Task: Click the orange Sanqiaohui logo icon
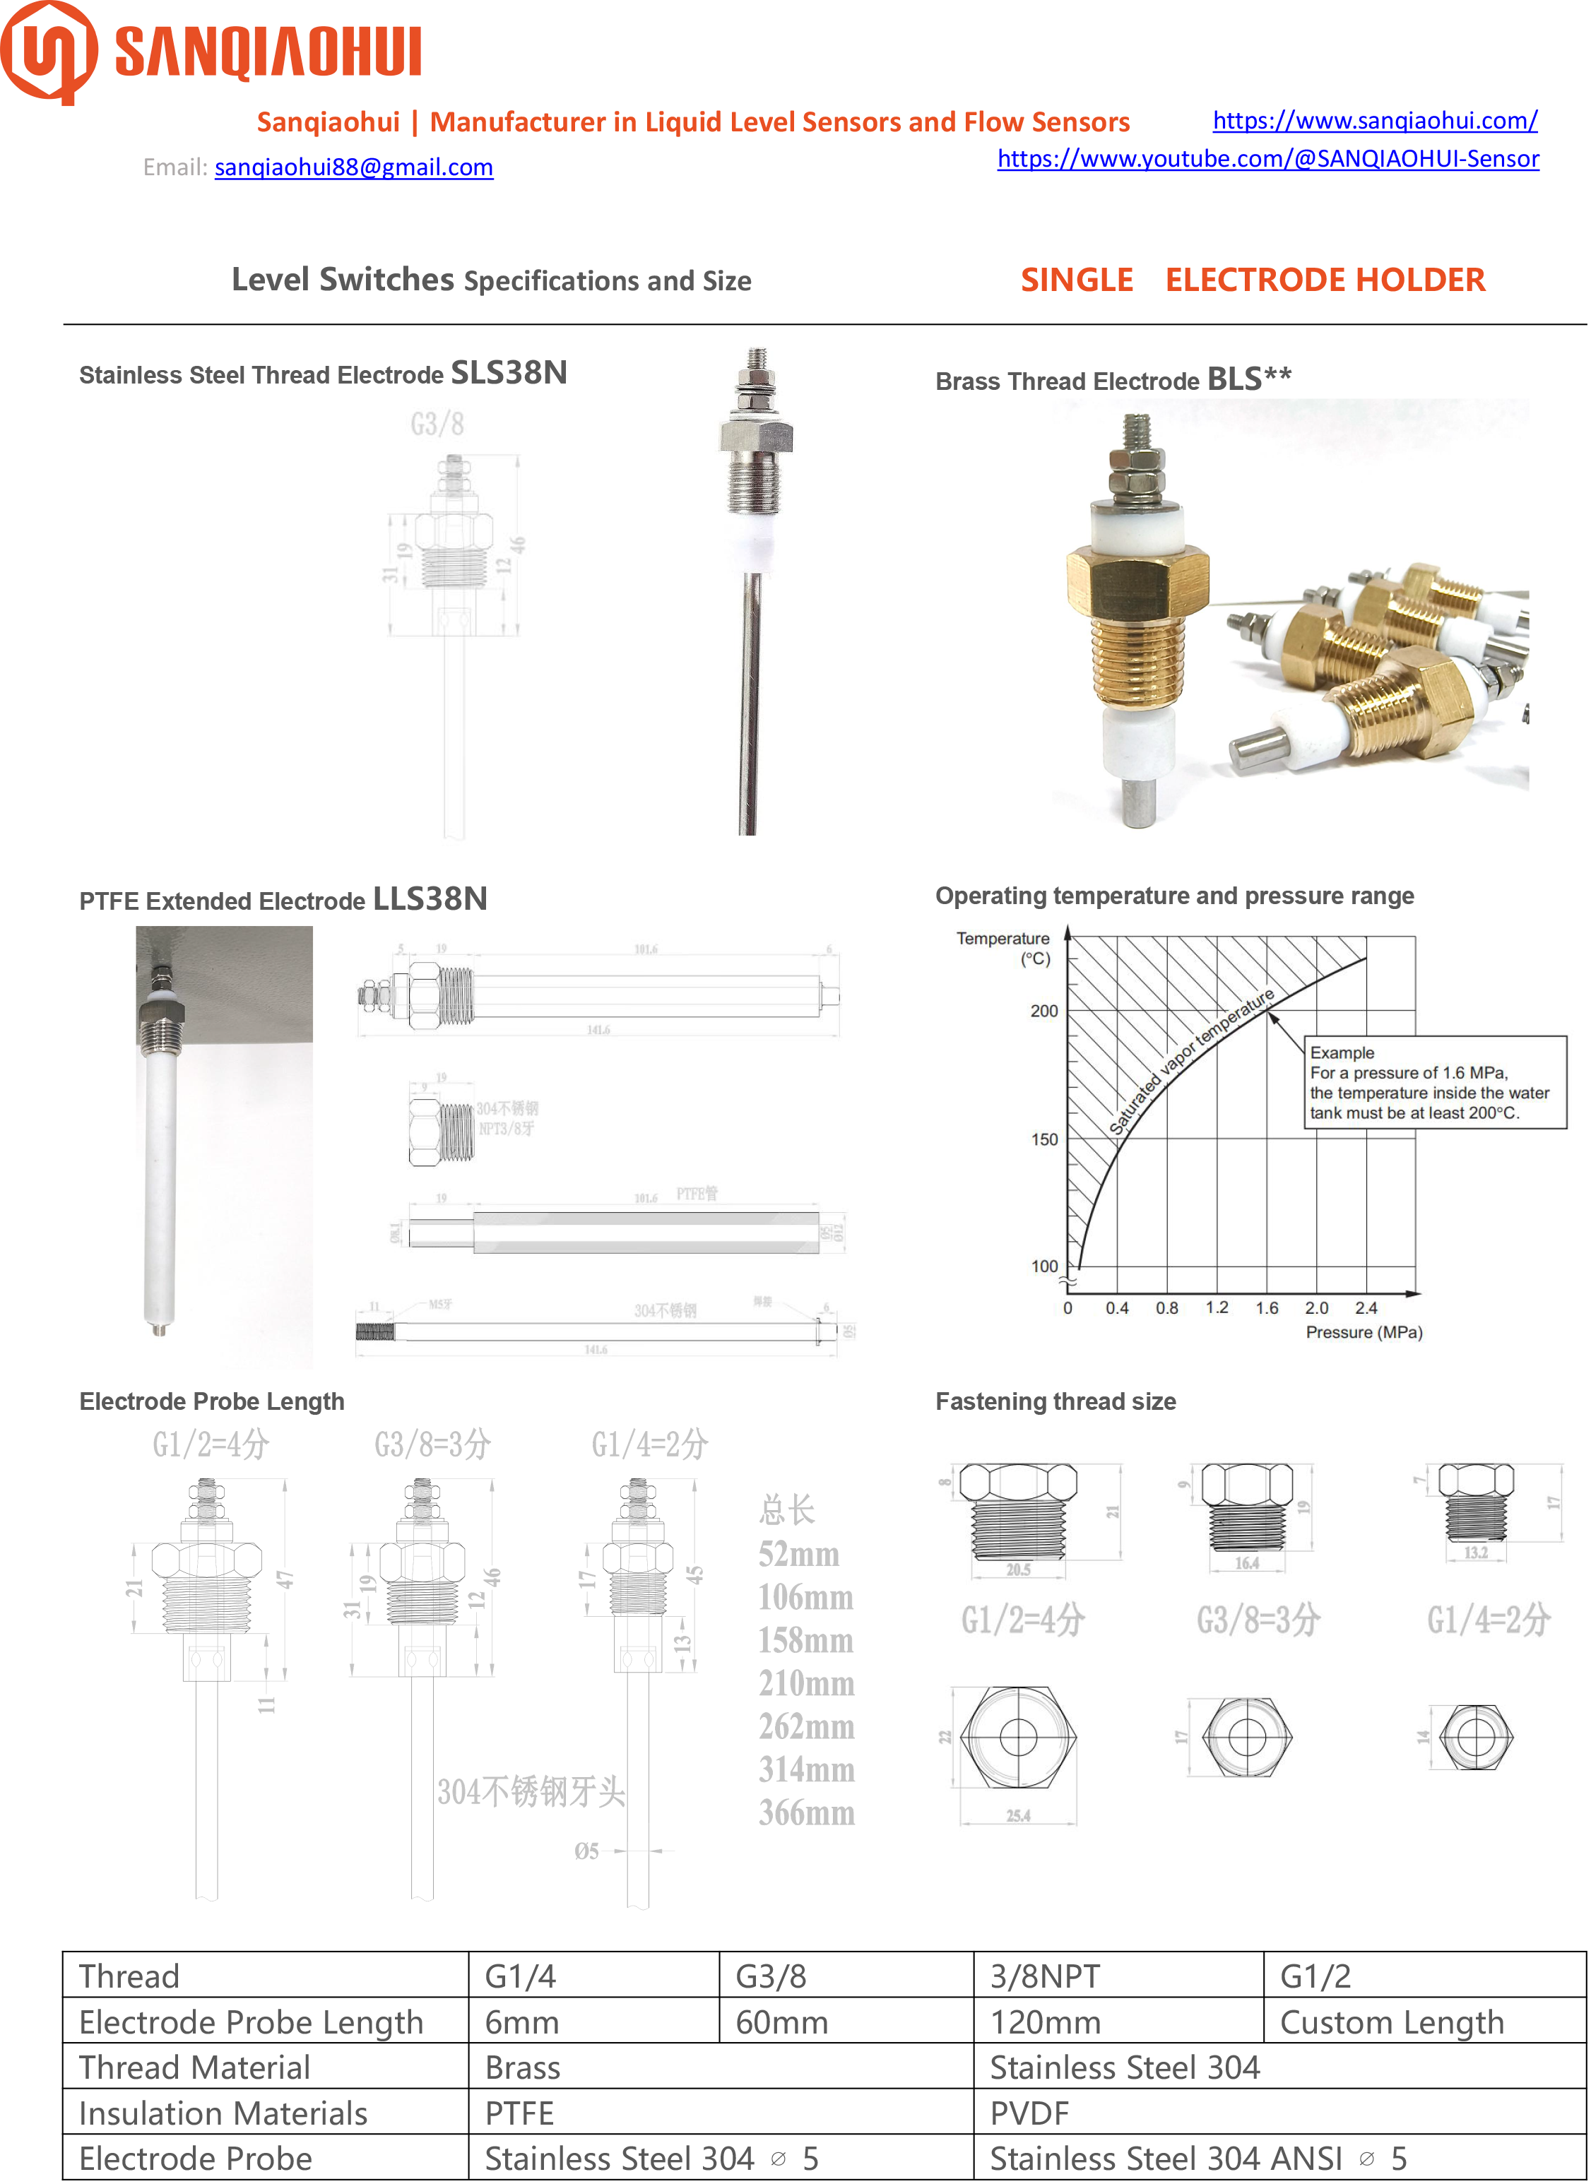coord(48,52)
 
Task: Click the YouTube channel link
coord(1267,159)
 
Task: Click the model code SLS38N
coord(509,373)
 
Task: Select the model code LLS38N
coord(430,898)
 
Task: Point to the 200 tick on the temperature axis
coord(1044,1011)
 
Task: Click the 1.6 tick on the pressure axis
coord(1267,1307)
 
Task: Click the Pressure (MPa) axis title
coord(1364,1333)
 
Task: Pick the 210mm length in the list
coord(806,1683)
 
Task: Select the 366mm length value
coord(806,1813)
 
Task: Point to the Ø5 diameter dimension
coord(586,1851)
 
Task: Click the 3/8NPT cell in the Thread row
coord(1045,1976)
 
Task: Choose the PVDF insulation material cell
coord(1029,2113)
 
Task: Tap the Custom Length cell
coord(1392,2022)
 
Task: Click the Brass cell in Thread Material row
coord(522,2067)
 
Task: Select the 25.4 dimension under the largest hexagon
coord(1018,1816)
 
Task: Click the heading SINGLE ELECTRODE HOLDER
coord(1252,280)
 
